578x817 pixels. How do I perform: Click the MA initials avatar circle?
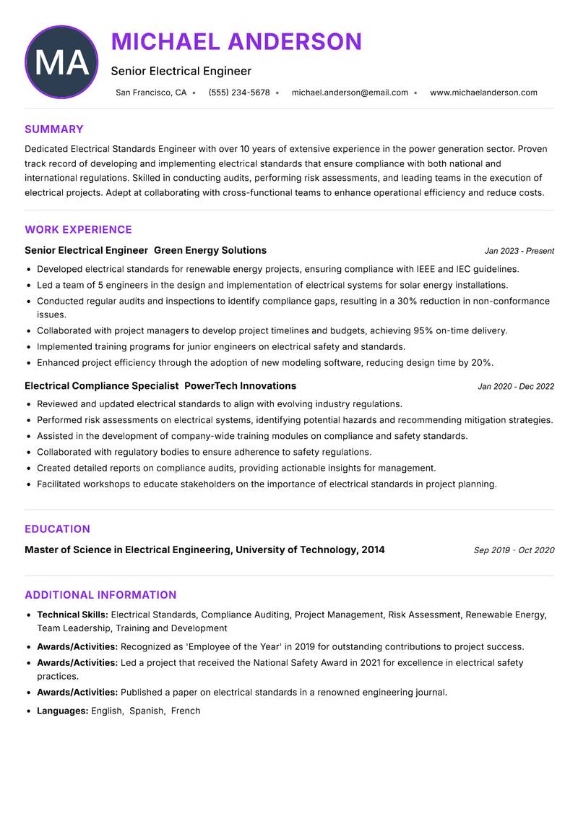click(x=61, y=62)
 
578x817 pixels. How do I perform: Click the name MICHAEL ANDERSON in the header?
click(x=236, y=41)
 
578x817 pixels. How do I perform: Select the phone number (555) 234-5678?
click(x=239, y=93)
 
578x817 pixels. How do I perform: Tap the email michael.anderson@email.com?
click(x=350, y=93)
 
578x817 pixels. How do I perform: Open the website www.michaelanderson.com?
click(x=483, y=93)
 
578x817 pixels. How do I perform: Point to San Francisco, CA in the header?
click(x=151, y=93)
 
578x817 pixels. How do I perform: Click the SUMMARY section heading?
click(x=54, y=129)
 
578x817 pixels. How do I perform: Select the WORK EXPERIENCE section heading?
click(x=78, y=230)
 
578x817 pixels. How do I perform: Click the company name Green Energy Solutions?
click(x=210, y=250)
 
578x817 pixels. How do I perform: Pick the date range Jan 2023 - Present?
click(x=519, y=251)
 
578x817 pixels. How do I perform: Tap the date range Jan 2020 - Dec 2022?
click(x=515, y=387)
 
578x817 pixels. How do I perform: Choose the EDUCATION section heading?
click(x=57, y=529)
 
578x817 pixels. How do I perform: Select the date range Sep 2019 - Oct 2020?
click(x=514, y=550)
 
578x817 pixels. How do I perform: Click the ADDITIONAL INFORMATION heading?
click(x=100, y=595)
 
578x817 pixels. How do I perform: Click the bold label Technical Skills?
click(x=72, y=615)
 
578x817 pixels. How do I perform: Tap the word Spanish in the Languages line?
click(x=147, y=711)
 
